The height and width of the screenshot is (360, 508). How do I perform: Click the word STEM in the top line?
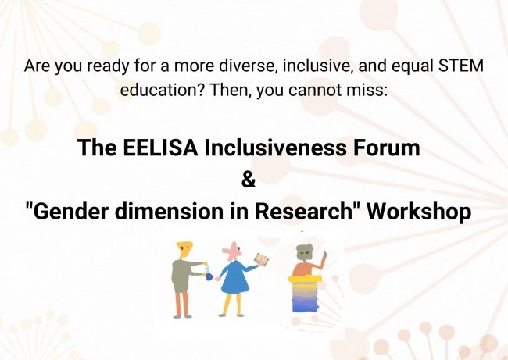pyautogui.click(x=460, y=66)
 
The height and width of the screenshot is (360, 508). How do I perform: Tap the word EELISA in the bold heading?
pyautogui.click(x=160, y=148)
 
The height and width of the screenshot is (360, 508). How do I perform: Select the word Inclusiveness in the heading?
pyautogui.click(x=275, y=148)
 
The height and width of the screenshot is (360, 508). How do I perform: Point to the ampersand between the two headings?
pyautogui.click(x=249, y=180)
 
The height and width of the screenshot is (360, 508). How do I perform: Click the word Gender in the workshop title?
pyautogui.click(x=70, y=211)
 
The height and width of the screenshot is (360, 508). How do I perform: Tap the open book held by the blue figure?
pyautogui.click(x=262, y=259)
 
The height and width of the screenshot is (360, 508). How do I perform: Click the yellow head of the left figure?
pyautogui.click(x=184, y=250)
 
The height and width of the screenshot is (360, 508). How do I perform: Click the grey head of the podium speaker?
pyautogui.click(x=305, y=254)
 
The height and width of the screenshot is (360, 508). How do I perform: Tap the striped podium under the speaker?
pyautogui.click(x=305, y=294)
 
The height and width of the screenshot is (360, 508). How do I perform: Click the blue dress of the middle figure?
pyautogui.click(x=235, y=278)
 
